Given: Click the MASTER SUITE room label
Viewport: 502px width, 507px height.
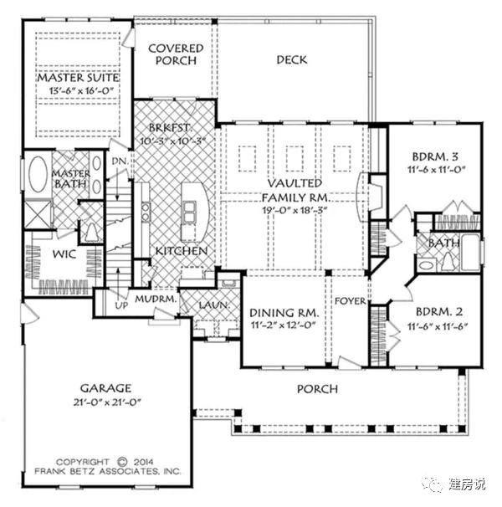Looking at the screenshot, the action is pyautogui.click(x=78, y=78).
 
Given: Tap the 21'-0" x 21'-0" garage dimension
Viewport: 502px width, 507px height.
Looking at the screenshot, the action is pyautogui.click(x=107, y=402).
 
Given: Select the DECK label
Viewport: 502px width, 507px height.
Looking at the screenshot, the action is pyautogui.click(x=292, y=59).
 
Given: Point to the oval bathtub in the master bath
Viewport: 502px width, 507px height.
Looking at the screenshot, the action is pyautogui.click(x=38, y=174).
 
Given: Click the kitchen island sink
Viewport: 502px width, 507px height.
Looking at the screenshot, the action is pyautogui.click(x=190, y=212).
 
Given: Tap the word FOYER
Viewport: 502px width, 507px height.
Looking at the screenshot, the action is pyautogui.click(x=351, y=301).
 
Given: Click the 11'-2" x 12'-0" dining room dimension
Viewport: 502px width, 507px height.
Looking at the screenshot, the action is pyautogui.click(x=283, y=325).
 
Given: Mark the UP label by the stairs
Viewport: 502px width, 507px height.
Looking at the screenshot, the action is pyautogui.click(x=121, y=305).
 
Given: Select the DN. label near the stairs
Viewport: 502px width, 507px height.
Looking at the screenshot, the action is pyautogui.click(x=120, y=161).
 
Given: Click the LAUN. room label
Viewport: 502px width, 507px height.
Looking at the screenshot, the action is pyautogui.click(x=214, y=305).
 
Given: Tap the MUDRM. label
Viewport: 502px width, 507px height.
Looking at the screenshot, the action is pyautogui.click(x=156, y=299).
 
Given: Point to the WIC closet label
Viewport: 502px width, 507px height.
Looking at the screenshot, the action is pyautogui.click(x=64, y=254).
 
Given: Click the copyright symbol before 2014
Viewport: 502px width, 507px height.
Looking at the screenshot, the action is pyautogui.click(x=122, y=462).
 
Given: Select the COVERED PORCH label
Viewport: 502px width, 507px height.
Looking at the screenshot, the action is pyautogui.click(x=176, y=54).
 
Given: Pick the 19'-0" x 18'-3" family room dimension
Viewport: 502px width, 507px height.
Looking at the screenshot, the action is pyautogui.click(x=295, y=210).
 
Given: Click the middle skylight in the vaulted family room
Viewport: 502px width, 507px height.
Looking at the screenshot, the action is pyautogui.click(x=295, y=158).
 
